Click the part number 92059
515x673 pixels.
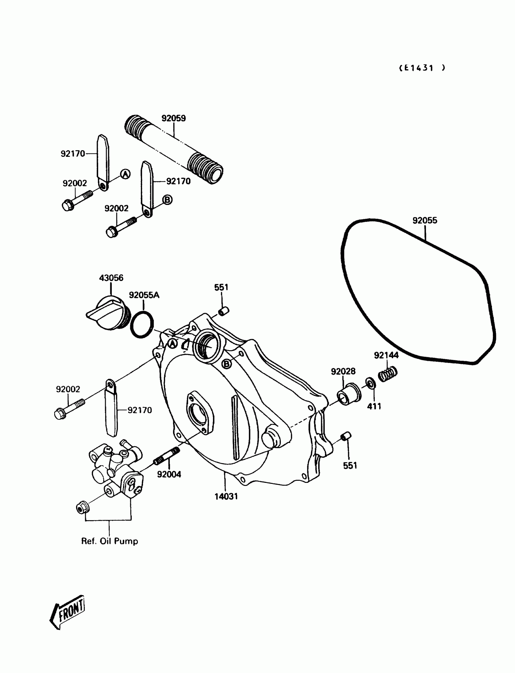(174, 118)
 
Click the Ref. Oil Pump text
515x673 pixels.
(109, 541)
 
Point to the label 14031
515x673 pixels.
(226, 497)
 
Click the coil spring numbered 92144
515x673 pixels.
(388, 374)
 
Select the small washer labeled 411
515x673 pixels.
(370, 383)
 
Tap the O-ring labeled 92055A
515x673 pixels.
(142, 325)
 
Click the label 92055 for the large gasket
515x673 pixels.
(424, 220)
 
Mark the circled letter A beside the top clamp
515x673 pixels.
(125, 174)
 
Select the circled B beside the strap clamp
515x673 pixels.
(167, 200)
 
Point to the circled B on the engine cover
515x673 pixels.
(227, 364)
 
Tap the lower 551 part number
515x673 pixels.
(350, 466)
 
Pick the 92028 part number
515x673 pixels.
(343, 371)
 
